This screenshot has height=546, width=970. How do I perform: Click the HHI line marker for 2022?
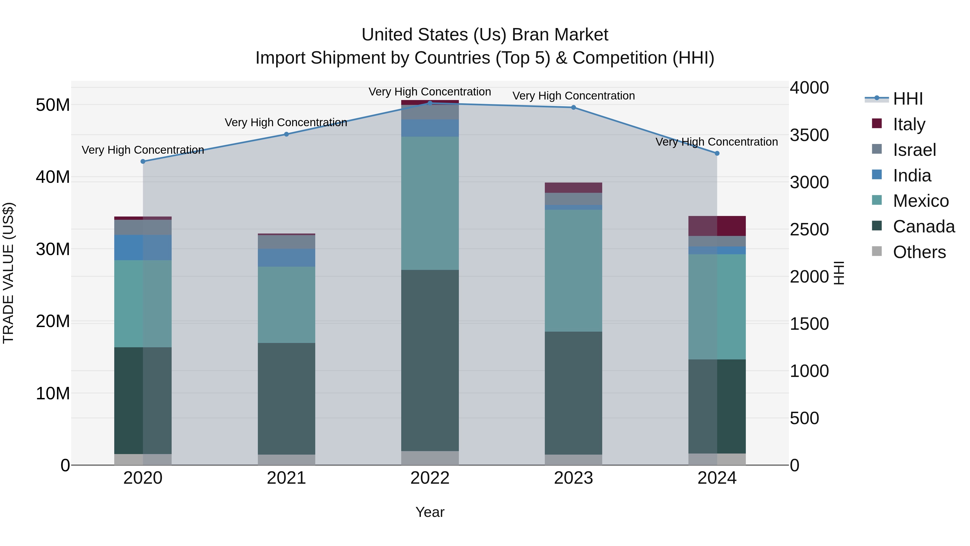(x=430, y=103)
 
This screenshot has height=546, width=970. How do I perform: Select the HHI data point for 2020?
(x=143, y=161)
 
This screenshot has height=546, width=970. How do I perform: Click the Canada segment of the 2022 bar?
(x=430, y=360)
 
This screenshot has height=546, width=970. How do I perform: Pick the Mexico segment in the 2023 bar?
(x=573, y=270)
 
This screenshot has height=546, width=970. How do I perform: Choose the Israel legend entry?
(x=914, y=150)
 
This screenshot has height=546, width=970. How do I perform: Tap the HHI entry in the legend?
(x=907, y=99)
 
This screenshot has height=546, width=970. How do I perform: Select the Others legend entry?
(x=919, y=252)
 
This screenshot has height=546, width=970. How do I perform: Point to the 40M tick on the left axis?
(x=53, y=177)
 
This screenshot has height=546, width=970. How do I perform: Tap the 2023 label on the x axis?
(x=573, y=478)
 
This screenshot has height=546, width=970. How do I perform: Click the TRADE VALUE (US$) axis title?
(x=8, y=273)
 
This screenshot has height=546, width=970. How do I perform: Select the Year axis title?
(x=430, y=512)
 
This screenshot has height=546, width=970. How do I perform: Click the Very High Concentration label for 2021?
(x=286, y=122)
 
